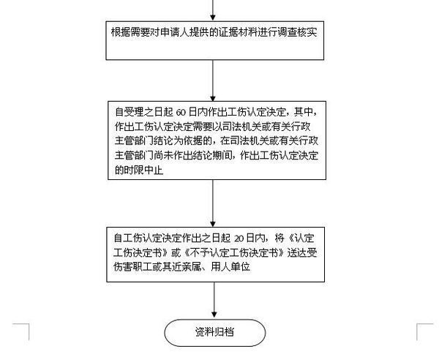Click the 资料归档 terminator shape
[x=214, y=333]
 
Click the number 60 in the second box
[x=181, y=113]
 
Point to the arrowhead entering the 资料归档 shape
[x=214, y=315]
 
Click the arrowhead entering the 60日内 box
[x=213, y=98]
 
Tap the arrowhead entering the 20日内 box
[x=213, y=224]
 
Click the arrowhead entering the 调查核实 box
[x=213, y=18]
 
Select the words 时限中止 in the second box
[x=144, y=170]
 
